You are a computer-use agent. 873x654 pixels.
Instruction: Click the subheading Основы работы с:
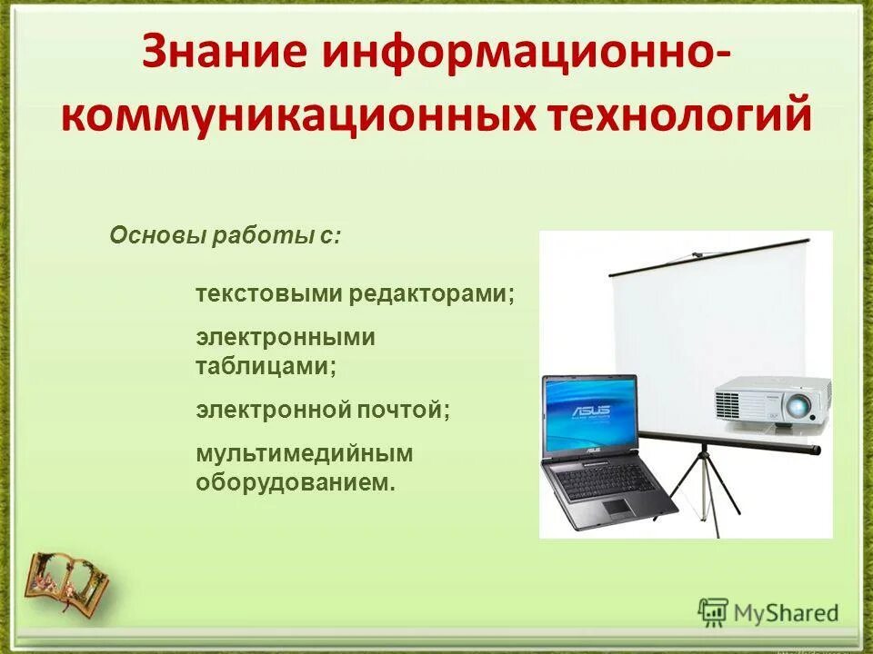pyautogui.click(x=226, y=237)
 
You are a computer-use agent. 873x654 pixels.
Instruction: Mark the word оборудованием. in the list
pyautogui.click(x=296, y=482)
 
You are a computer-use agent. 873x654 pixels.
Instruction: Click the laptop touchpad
pyautogui.click(x=616, y=506)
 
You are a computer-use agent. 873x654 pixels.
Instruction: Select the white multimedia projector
pyautogui.click(x=771, y=401)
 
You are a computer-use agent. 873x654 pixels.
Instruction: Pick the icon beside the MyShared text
pyautogui.click(x=714, y=611)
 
